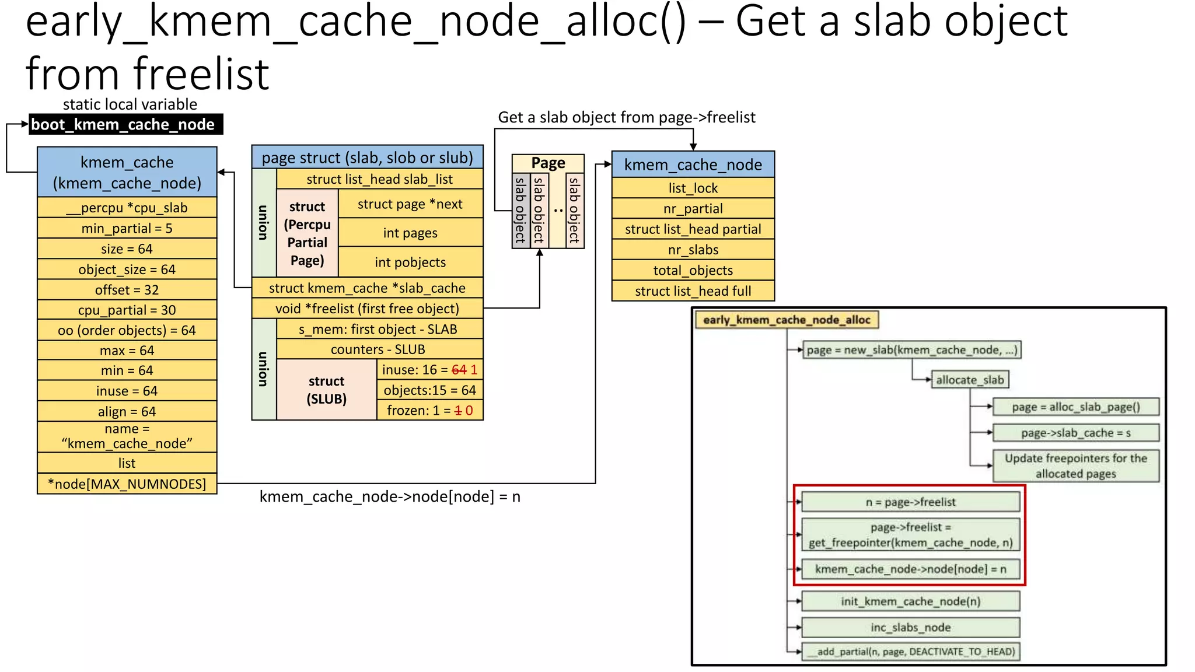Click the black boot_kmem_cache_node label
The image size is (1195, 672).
125,124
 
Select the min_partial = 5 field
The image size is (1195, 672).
127,228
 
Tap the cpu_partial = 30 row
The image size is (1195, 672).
127,310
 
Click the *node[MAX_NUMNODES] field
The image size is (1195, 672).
127,484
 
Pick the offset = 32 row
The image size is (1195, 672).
127,290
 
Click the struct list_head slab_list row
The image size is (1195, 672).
379,179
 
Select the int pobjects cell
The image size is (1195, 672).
410,262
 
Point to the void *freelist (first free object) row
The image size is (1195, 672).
367,309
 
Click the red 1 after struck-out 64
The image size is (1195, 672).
474,370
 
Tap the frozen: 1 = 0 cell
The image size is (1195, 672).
429,411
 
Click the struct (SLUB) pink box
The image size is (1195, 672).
326,390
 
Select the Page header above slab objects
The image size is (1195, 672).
548,163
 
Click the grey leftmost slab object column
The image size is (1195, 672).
520,211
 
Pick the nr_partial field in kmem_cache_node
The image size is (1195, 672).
693,208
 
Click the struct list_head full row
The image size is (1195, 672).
693,291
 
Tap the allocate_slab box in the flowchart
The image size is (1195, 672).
970,380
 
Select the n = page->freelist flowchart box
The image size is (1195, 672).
910,502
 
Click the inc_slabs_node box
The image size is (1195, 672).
910,628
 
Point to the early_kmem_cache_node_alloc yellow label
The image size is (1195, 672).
787,320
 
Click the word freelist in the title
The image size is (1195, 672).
201,74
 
